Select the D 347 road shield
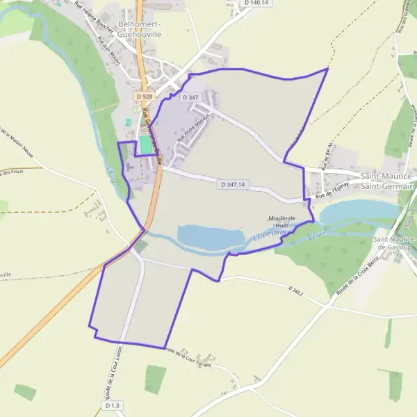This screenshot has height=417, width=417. click(x=191, y=98)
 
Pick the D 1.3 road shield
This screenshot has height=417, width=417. click(x=113, y=405)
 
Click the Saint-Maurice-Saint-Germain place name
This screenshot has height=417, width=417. click(x=387, y=181)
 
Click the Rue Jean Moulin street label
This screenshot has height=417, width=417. click(x=110, y=47)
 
